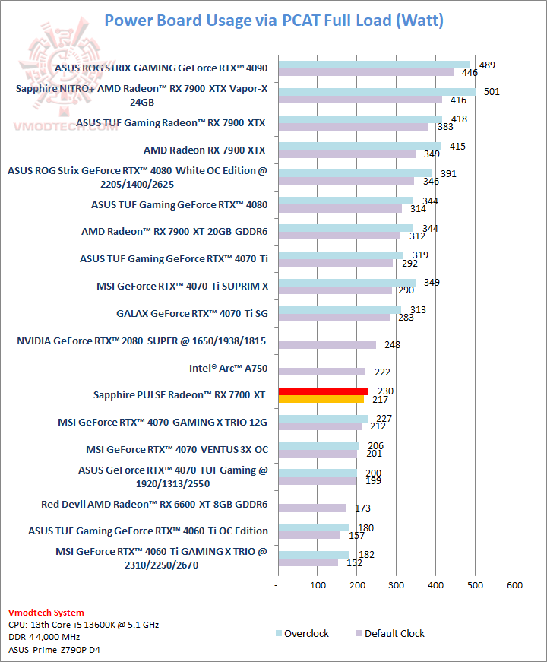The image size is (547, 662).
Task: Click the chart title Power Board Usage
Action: pos(273,21)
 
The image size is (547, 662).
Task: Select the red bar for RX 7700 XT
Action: pos(324,391)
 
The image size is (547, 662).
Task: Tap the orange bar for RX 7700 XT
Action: pos(321,399)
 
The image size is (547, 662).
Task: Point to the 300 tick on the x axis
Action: pos(397,585)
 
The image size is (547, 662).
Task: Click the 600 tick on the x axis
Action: pos(514,585)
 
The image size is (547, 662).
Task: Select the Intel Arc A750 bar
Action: pos(322,372)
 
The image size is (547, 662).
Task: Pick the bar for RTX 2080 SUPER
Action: pos(327,344)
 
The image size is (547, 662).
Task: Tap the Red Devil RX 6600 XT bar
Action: pos(312,508)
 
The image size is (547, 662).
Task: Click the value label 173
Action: pos(362,508)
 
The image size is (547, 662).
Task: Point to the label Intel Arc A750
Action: pos(228,369)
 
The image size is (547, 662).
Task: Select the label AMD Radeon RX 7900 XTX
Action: pos(204,150)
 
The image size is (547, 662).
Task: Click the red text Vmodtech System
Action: pos(46,613)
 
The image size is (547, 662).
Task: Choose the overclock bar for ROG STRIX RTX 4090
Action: pos(374,65)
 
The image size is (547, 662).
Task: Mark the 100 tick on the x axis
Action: pos(318,585)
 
